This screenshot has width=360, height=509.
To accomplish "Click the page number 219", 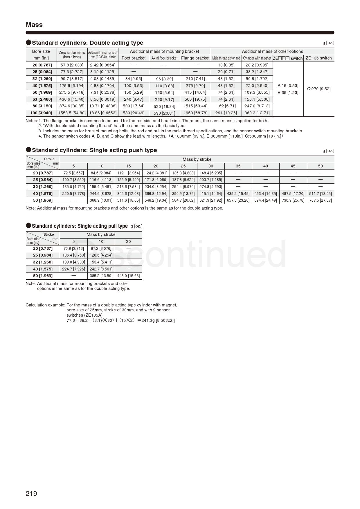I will pyautogui.click(x=31, y=494).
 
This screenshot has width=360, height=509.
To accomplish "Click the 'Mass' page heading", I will pyautogui.click(x=34, y=25).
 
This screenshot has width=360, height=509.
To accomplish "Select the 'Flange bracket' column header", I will pyautogui.click(x=195, y=58).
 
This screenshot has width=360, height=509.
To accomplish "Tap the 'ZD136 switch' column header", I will pyautogui.click(x=318, y=58).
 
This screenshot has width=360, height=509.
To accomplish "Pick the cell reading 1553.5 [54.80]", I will pyautogui.click(x=72, y=113).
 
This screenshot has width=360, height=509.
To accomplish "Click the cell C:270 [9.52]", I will pyautogui.click(x=318, y=89).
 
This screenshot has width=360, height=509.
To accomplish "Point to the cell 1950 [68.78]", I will pyautogui.click(x=195, y=113).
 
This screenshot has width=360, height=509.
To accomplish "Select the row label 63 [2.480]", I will pyautogui.click(x=42, y=99).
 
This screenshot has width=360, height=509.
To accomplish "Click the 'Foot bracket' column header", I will pyautogui.click(x=134, y=58).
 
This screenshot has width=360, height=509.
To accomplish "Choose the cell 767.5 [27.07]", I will pyautogui.click(x=320, y=200).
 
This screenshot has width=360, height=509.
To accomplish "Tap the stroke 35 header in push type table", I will pyautogui.click(x=238, y=166).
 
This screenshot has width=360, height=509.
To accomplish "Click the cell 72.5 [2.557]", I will pyautogui.click(x=73, y=173).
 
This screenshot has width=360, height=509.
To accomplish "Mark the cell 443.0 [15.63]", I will pyautogui.click(x=128, y=276).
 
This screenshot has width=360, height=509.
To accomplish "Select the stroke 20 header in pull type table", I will pyautogui.click(x=128, y=241).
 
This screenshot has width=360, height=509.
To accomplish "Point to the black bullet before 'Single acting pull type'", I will pyautogui.click(x=28, y=225).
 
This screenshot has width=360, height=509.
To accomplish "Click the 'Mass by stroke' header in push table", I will pyautogui.click(x=197, y=159).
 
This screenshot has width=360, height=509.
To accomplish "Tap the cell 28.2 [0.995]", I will pyautogui.click(x=257, y=65).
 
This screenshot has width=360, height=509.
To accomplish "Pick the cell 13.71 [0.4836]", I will pyautogui.click(x=103, y=106).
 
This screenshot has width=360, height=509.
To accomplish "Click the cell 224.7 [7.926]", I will pyautogui.click(x=73, y=269).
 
